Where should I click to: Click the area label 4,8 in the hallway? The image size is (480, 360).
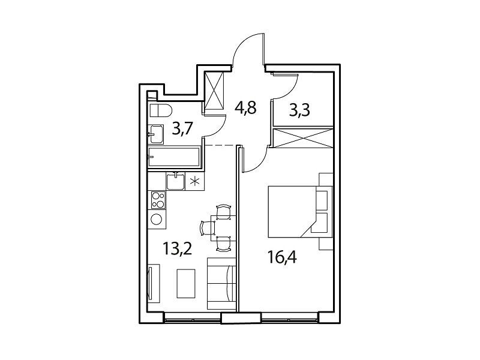(245, 108)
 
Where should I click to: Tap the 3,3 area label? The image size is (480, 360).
(299, 110)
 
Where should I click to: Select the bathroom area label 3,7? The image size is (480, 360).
(182, 129)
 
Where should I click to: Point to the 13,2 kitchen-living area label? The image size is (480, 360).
(177, 248)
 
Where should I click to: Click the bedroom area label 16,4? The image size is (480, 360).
(282, 257)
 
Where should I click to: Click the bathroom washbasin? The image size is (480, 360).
(156, 134)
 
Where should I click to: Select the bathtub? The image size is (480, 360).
(174, 157)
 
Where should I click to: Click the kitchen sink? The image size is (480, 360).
(175, 181)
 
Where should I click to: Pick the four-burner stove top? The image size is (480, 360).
(158, 200)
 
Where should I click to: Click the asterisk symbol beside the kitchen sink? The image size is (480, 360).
(194, 182)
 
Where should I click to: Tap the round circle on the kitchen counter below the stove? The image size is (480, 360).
(157, 219)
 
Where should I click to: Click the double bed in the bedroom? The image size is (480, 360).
(300, 212)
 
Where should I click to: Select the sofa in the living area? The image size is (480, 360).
(221, 283)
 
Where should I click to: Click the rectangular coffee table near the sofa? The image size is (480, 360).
(186, 283)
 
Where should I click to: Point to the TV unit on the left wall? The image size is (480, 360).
(154, 283)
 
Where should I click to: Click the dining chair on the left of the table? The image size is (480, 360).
(208, 228)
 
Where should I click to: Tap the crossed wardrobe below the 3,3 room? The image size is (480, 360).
(302, 139)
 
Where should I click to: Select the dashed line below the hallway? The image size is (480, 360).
(221, 145)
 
